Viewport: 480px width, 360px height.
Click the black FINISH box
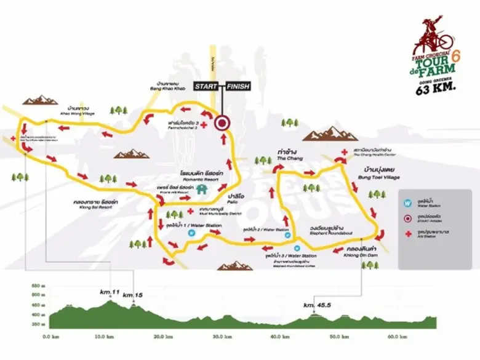click(237, 86)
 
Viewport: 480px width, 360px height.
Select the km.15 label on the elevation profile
click(132, 296)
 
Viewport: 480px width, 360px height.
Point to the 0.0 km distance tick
click(50, 337)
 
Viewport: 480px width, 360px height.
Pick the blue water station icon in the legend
click(407, 201)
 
